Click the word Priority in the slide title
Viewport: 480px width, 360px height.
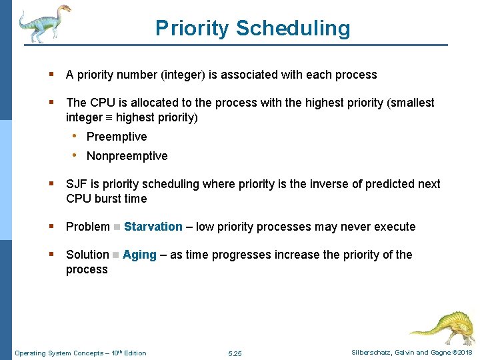[x=192, y=28]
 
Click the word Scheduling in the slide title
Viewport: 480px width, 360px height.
[x=293, y=28]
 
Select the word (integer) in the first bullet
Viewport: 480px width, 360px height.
[x=183, y=75]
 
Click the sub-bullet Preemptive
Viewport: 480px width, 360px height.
[x=117, y=137]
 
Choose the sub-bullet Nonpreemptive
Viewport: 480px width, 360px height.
[x=127, y=156]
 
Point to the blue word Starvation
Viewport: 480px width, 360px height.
[x=153, y=227]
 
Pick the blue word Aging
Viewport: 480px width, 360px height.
[x=139, y=255]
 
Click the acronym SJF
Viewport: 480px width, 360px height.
[x=76, y=184]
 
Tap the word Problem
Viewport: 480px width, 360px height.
[x=87, y=227]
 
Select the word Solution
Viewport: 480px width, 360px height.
[x=87, y=255]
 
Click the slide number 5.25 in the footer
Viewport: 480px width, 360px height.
[x=235, y=353]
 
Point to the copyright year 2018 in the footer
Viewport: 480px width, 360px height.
[x=465, y=352]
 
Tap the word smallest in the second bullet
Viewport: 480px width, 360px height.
[x=412, y=103]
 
